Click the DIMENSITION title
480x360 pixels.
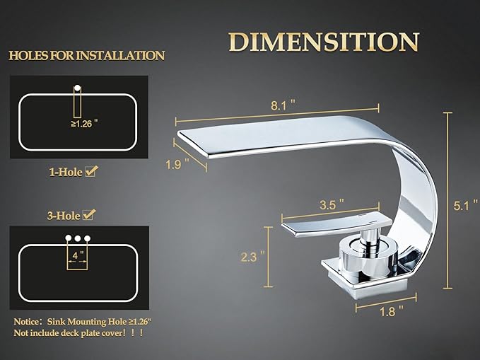point(324,42)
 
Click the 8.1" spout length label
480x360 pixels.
point(283,105)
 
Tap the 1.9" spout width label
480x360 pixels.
point(177,165)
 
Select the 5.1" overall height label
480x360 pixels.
point(465,205)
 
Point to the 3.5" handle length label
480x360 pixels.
point(332,204)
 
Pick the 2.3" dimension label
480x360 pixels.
point(253,257)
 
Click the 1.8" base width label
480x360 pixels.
point(392,312)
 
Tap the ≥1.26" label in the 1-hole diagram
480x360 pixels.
point(84,124)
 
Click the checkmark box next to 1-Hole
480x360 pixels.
point(91,171)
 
